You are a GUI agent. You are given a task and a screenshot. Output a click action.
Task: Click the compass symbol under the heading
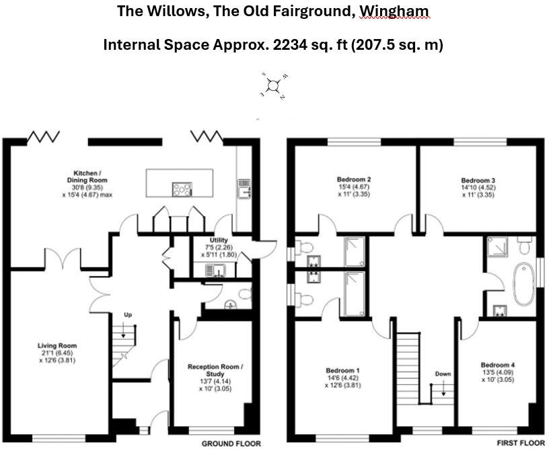[x=273, y=85]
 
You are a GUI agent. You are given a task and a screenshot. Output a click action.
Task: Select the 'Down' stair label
[x=443, y=374]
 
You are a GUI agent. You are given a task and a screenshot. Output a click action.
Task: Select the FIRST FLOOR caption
[x=519, y=444]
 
